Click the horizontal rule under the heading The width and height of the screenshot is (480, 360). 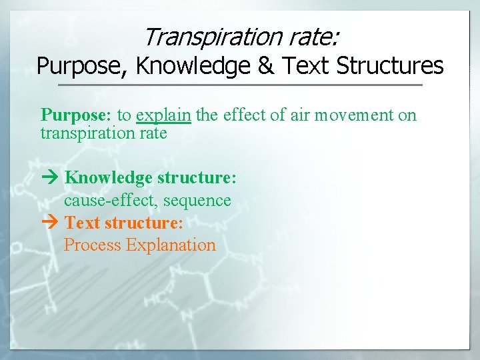(x=240, y=85)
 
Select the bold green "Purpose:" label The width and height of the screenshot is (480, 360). (x=76, y=115)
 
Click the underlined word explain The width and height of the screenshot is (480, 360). (x=163, y=115)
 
